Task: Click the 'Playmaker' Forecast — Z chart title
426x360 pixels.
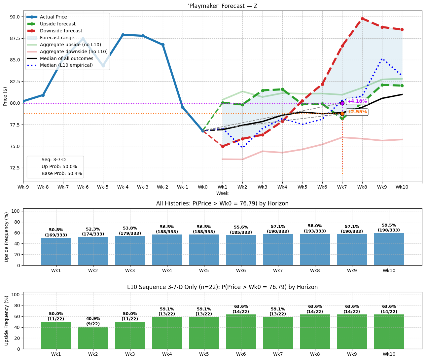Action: click(x=222, y=6)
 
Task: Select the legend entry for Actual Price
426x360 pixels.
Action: click(x=53, y=17)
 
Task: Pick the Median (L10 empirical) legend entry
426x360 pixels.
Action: click(x=66, y=65)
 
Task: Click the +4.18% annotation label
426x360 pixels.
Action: click(x=357, y=101)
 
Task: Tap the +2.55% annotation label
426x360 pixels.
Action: click(x=357, y=112)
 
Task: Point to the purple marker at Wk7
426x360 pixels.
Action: click(x=342, y=103)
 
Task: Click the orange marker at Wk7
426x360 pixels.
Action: click(x=342, y=114)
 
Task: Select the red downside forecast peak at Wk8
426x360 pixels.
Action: click(x=362, y=18)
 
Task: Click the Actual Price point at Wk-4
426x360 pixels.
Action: click(x=123, y=35)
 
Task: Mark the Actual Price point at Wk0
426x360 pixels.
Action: click(x=203, y=131)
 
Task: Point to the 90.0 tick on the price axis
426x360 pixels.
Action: click(x=15, y=17)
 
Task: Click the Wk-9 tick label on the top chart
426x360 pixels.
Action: click(x=23, y=187)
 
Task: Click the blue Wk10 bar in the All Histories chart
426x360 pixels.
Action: click(x=389, y=249)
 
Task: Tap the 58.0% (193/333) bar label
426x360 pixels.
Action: click(x=315, y=229)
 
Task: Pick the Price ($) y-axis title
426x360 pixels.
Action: click(x=5, y=96)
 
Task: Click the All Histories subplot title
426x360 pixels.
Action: click(x=222, y=203)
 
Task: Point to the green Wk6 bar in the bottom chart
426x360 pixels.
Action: click(x=241, y=332)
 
